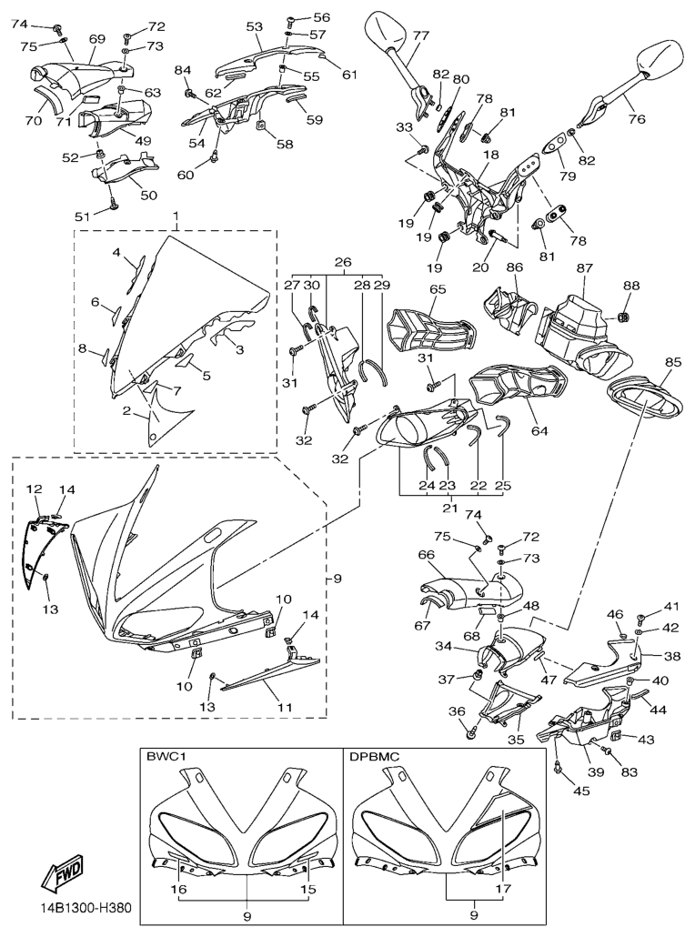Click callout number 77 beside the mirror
421,36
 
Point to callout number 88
632,286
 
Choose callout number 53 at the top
254,26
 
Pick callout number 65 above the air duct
438,290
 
